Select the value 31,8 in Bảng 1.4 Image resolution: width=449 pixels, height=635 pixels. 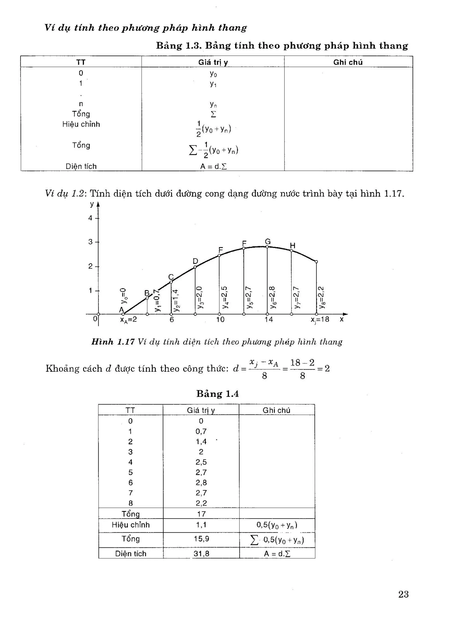pos(201,553)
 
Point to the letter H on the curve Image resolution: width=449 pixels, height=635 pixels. pos(293,246)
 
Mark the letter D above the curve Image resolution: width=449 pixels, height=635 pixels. pos(195,261)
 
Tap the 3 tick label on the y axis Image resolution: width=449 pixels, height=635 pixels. pos(90,242)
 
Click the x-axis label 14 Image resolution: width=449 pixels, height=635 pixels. pos(268,320)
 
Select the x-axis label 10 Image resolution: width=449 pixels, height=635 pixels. pos(220,320)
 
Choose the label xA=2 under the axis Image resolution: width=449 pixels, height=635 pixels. pos(128,320)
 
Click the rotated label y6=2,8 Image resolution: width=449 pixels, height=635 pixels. pos(272,297)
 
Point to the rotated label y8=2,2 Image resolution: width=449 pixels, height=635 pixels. pos(321,297)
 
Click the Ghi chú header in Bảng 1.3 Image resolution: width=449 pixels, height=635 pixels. pos(348,62)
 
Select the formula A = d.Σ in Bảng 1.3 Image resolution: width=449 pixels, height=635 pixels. pos(213,167)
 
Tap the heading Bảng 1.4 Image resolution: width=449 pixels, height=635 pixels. pos(217,394)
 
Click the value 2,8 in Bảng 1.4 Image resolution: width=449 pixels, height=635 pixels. pos(201,483)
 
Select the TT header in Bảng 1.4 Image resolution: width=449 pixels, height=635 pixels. pos(130,410)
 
